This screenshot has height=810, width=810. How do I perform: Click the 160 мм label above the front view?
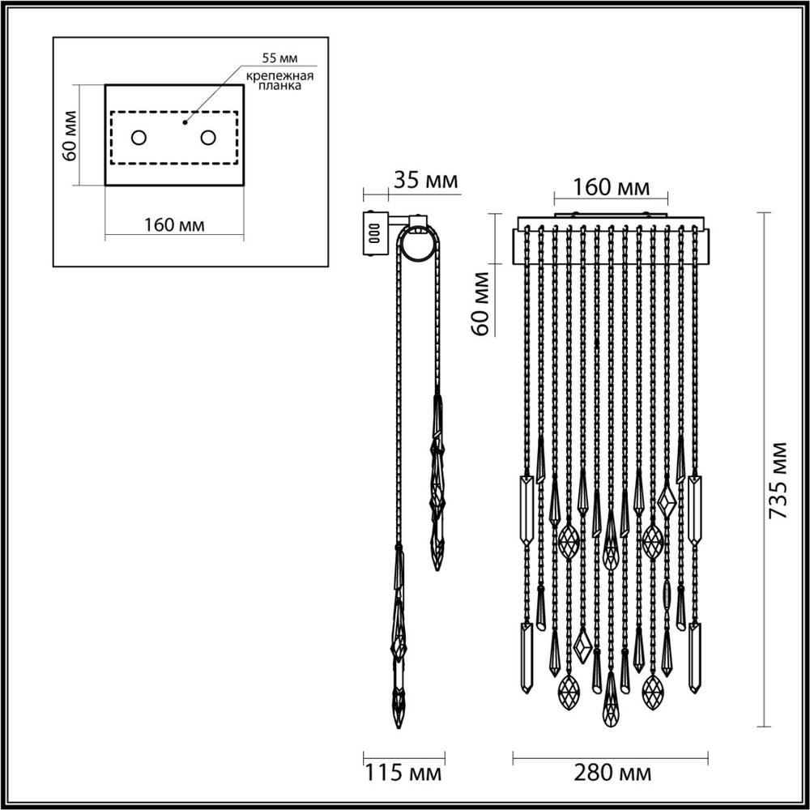612,187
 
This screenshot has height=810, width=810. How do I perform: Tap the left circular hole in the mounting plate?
139,138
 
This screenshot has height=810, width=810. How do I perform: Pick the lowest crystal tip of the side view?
399,723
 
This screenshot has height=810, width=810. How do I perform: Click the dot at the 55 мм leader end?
185,123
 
